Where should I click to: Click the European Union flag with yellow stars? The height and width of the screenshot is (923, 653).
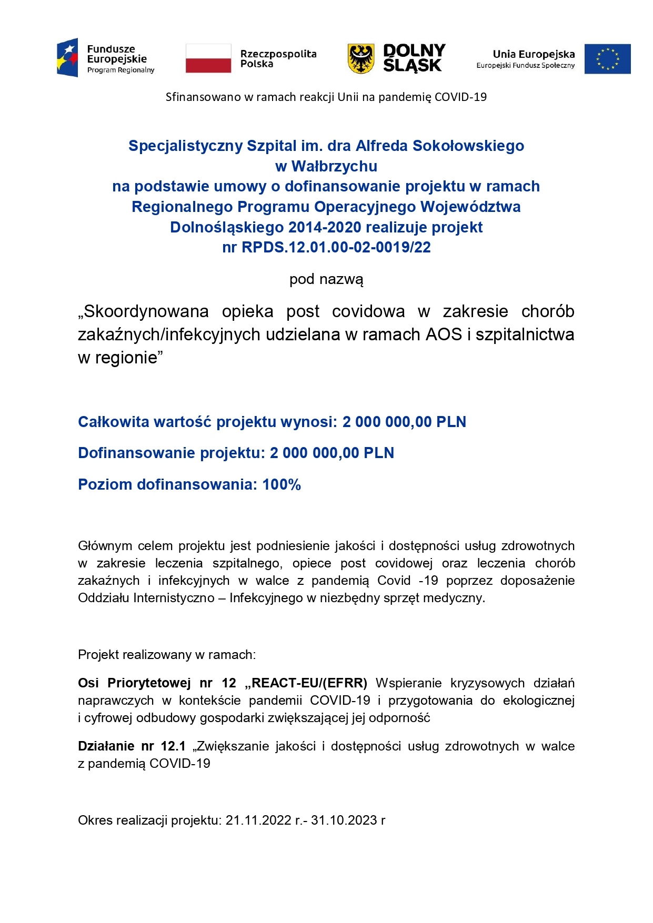607,59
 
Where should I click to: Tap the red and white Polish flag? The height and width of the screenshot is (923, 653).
208,58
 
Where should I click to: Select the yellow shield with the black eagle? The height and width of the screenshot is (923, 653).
361,58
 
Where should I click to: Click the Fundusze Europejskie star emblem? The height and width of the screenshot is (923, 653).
68,58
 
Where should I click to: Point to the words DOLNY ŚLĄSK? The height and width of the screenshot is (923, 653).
414,58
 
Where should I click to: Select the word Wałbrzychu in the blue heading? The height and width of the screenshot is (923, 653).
334,166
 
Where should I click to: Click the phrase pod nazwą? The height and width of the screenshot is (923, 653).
326,279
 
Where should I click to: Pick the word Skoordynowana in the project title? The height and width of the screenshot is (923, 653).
146,311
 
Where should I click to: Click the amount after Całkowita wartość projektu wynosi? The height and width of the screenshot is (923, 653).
404,422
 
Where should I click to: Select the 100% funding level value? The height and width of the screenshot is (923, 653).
282,484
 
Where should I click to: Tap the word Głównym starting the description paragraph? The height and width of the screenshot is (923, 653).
104,546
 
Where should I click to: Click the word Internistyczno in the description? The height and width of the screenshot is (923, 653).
174,598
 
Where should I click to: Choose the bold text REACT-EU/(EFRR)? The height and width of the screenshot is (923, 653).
306,683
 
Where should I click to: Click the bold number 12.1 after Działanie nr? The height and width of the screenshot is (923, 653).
173,746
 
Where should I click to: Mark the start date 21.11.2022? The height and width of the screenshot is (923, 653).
258,820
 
